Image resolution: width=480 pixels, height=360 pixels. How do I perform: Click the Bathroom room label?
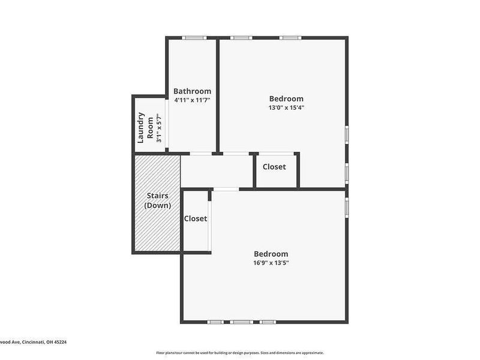192,91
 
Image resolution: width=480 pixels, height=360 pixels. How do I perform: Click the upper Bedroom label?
286,98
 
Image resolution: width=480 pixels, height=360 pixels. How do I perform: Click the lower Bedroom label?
271,254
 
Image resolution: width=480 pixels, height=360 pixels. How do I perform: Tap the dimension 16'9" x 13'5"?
271,263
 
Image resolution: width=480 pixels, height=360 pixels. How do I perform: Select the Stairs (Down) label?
157,200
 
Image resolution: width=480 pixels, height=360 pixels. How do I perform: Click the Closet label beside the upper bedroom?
274,167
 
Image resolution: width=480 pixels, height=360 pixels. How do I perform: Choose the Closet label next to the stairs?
196,219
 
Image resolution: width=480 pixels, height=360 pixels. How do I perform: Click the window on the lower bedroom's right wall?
346,207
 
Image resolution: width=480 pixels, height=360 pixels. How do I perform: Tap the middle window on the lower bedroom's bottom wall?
241,322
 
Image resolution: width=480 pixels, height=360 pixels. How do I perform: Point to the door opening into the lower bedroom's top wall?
226,190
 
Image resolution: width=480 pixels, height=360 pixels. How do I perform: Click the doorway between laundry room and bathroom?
167,124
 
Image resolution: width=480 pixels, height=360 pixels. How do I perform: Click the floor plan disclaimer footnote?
240,353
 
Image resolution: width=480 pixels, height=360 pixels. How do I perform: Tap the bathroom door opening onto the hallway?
200,154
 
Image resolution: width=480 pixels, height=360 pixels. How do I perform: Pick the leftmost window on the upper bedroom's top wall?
241,38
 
